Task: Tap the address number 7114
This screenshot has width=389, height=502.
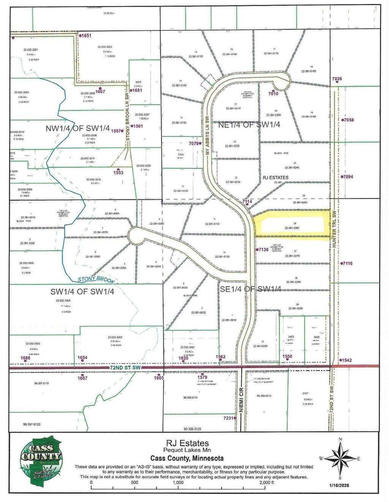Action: [247, 202]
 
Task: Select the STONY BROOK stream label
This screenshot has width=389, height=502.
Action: [96, 280]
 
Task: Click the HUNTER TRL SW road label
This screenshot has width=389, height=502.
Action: [334, 230]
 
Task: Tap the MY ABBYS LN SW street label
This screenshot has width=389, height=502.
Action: [208, 135]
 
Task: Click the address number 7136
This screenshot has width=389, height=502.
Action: [263, 249]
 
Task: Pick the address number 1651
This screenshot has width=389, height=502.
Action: [85, 35]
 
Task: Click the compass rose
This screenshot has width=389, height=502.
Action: [340, 458]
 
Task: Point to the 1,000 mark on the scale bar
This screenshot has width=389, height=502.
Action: [178, 483]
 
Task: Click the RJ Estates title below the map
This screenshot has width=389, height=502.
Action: [187, 443]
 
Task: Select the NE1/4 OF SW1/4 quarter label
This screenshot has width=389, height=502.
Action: [249, 125]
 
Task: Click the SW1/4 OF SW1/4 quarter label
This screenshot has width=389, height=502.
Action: [82, 292]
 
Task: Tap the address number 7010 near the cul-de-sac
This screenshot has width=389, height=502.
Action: [274, 93]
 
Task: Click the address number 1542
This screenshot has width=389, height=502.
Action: [346, 360]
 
